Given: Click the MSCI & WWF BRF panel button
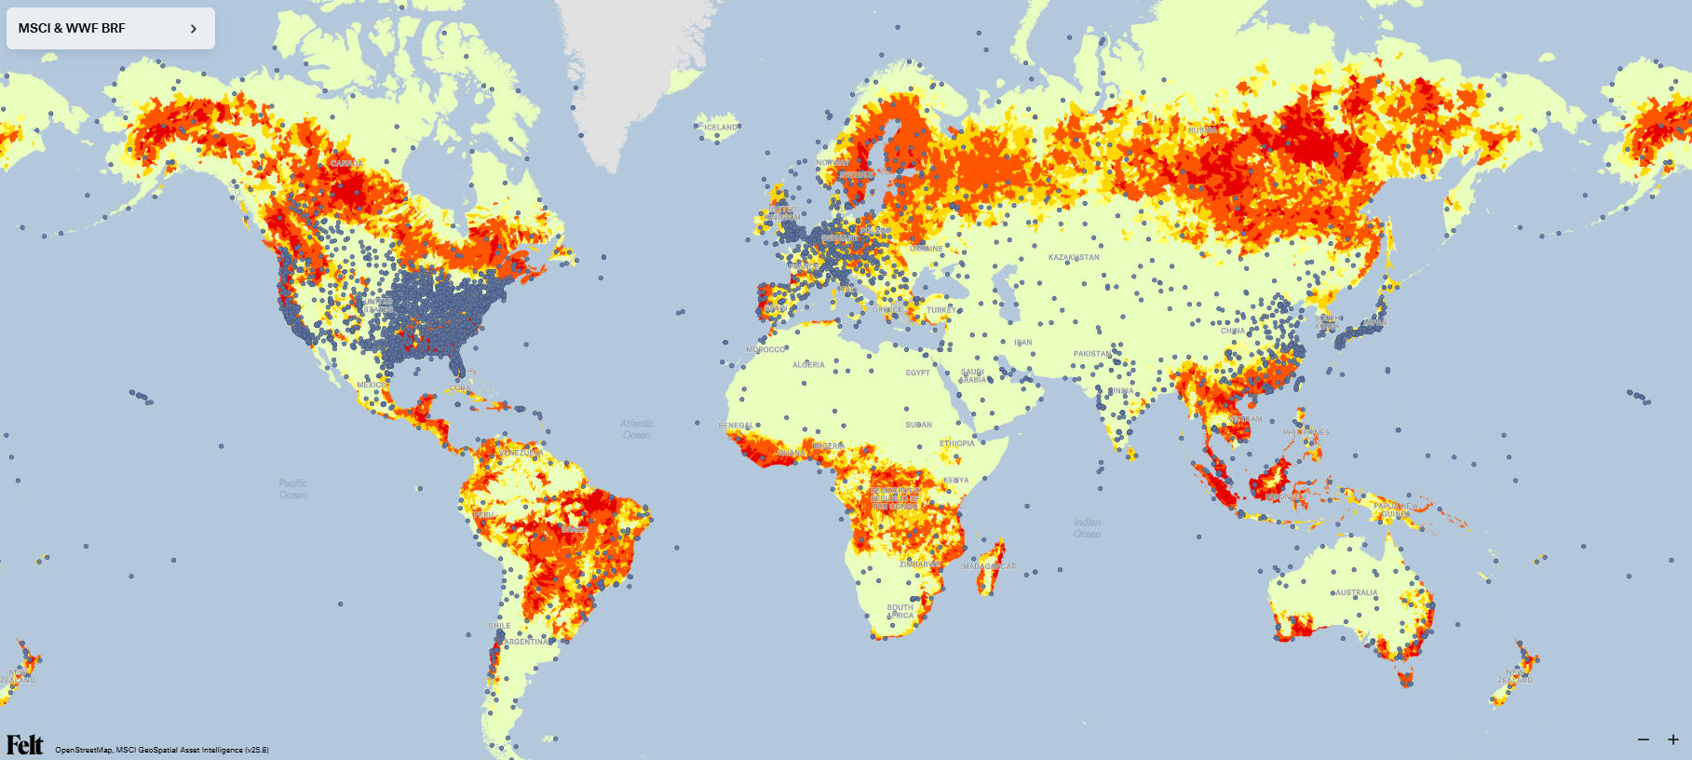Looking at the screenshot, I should tap(110, 28).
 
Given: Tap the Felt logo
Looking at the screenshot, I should tap(25, 744).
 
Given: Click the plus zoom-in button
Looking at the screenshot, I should tap(1672, 740).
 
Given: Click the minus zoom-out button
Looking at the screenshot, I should tap(1644, 740).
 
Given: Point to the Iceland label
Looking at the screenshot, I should tap(721, 128).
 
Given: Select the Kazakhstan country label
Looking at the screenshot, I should tap(1074, 257).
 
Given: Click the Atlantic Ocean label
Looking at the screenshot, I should tap(637, 429).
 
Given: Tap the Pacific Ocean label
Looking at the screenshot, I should tap(292, 489).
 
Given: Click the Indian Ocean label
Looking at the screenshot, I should tap(1087, 528).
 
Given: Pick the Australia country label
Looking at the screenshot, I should tap(1357, 592).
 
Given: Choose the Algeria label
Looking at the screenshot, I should tap(808, 365).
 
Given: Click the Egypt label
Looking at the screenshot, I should tap(917, 373).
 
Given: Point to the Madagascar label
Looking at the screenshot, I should tap(989, 566).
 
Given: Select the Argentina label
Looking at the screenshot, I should tap(526, 642).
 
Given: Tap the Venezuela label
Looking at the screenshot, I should tap(521, 453).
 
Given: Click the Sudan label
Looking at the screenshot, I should tap(918, 425).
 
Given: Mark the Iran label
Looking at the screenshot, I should tap(1022, 343).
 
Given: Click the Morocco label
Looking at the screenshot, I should tap(765, 350).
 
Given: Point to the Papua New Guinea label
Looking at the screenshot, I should tap(1395, 510).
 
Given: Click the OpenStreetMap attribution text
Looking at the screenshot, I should tap(84, 750).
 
